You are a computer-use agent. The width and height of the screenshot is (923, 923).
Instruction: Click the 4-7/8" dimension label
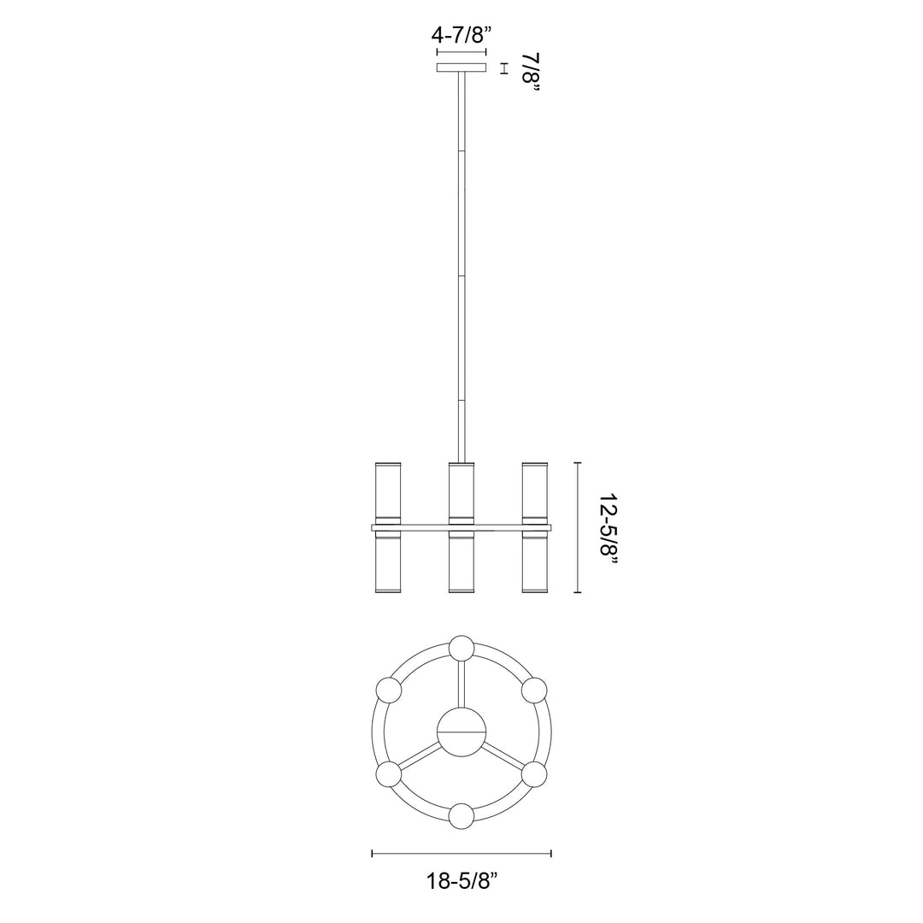coord(461,36)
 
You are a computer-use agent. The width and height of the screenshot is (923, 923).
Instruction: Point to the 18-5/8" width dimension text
coord(461,879)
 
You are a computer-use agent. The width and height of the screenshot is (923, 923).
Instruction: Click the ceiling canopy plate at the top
coord(461,68)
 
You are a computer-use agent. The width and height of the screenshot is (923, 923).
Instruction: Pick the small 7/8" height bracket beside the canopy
coord(504,68)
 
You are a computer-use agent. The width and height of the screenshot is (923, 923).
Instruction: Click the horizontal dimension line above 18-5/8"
coord(461,853)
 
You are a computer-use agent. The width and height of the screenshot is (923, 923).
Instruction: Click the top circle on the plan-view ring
coord(462,649)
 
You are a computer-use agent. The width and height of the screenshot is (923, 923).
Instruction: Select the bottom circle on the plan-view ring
coord(462,816)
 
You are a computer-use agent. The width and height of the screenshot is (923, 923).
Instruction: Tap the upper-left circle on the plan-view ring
coord(389,691)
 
